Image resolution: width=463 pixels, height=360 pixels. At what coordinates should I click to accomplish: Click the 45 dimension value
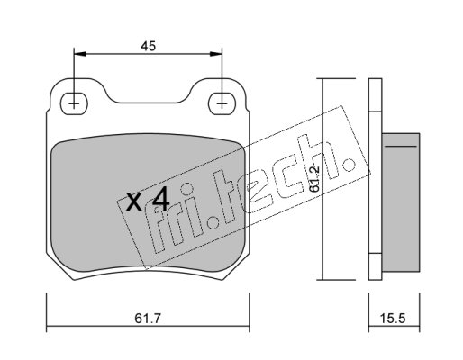pyautogui.click(x=148, y=46)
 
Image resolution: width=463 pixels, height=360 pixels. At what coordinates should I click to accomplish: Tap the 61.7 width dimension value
pyautogui.click(x=148, y=318)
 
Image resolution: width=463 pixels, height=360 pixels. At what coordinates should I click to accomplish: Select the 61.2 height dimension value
pyautogui.click(x=314, y=178)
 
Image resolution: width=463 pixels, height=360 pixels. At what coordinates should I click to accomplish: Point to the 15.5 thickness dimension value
pyautogui.click(x=393, y=318)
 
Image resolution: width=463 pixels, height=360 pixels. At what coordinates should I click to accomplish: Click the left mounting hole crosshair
pyautogui.click(x=74, y=104)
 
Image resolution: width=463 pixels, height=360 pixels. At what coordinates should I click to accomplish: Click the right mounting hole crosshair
pyautogui.click(x=222, y=104)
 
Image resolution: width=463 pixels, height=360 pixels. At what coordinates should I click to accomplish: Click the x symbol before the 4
pyautogui.click(x=133, y=202)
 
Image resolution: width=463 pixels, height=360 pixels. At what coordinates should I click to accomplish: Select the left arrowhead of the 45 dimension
pyautogui.click(x=80, y=54)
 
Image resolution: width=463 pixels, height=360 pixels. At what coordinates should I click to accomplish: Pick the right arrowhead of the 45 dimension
pyautogui.click(x=216, y=54)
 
